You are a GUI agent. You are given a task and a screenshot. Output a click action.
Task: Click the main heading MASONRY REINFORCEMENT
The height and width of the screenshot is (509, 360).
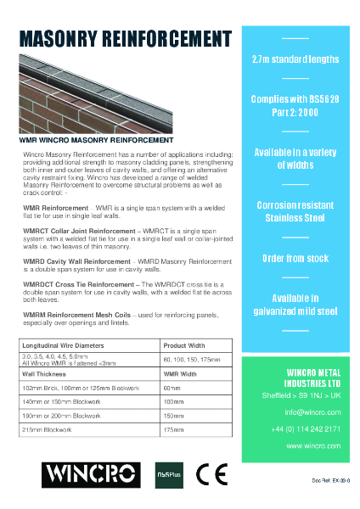point(125,40)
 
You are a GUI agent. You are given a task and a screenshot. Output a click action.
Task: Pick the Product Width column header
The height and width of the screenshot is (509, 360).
point(185,345)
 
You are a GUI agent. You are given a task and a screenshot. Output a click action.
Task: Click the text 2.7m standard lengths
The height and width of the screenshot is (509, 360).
point(295,59)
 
